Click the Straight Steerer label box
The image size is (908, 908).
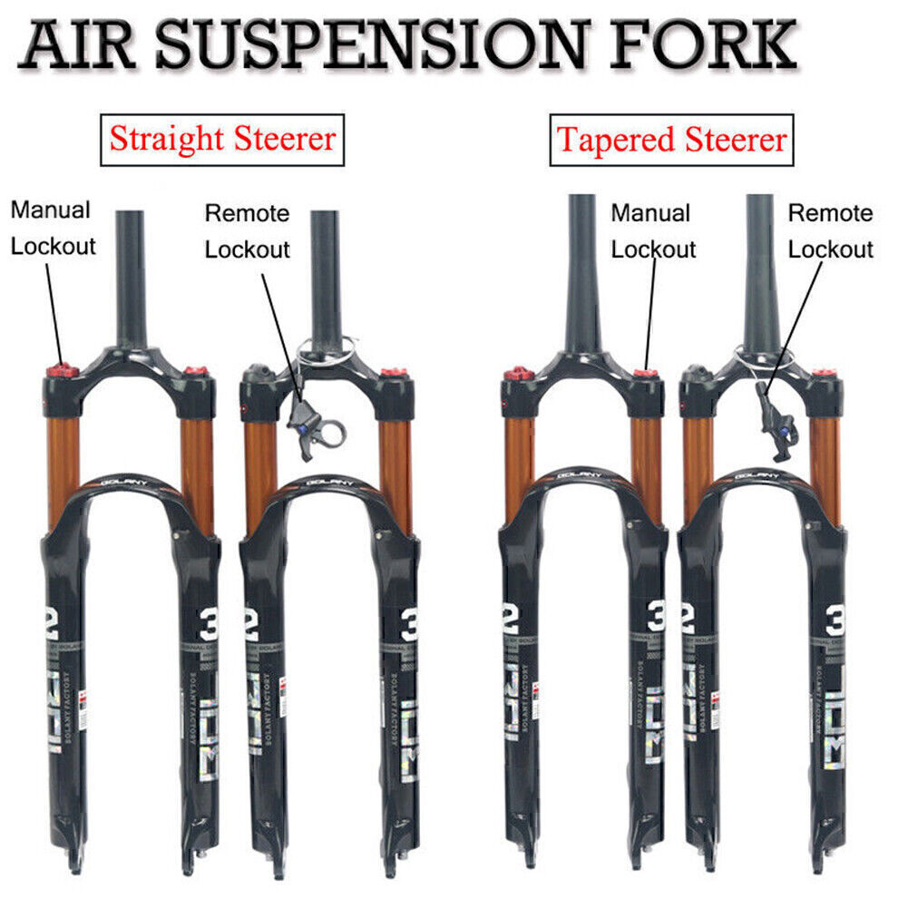[222, 140]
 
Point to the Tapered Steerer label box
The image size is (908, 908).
[671, 140]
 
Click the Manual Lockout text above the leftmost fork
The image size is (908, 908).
[53, 228]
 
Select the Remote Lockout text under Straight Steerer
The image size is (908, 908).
[247, 231]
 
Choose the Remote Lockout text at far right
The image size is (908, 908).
[830, 231]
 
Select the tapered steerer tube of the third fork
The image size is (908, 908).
[581, 272]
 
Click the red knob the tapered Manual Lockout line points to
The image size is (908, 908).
[646, 373]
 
